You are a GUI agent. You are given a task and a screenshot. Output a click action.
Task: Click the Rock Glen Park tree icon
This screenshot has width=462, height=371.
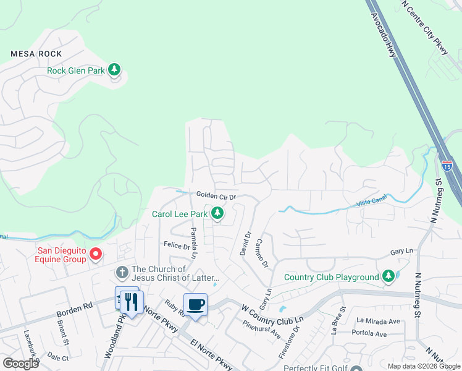point(114,69)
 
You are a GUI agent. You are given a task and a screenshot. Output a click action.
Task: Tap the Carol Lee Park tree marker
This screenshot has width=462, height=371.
point(217,213)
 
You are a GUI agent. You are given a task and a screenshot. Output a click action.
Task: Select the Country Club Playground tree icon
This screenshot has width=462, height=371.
point(388,276)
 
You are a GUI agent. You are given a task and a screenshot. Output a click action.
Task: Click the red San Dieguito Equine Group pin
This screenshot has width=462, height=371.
point(96,254)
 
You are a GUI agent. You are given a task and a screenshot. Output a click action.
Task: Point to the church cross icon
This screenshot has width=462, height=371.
point(122,272)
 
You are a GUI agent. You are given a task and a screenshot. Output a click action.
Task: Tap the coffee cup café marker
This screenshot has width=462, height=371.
point(196,305)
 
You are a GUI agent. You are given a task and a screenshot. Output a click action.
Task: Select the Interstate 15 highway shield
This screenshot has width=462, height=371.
point(447,166)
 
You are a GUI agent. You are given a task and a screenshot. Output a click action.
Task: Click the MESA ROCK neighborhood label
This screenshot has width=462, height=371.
point(36,54)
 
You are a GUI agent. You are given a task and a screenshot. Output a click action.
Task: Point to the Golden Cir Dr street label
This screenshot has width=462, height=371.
point(216,195)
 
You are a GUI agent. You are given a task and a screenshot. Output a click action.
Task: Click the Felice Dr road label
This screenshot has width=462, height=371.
point(177,245)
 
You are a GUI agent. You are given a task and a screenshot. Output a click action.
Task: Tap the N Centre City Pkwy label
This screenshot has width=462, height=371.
point(424,27)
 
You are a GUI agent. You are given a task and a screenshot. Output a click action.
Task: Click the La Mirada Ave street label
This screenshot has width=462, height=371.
point(378,321)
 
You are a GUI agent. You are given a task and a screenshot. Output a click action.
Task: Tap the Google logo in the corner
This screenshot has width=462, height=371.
point(20,364)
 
